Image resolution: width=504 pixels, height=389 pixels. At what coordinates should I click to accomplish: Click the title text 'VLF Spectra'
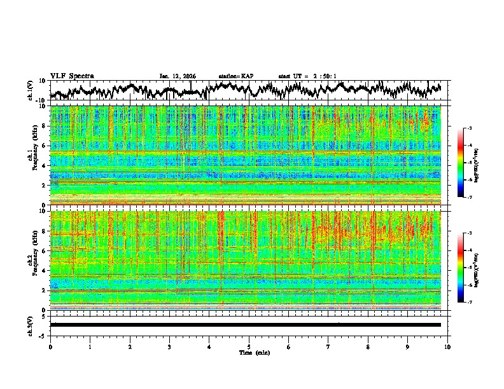click(72, 76)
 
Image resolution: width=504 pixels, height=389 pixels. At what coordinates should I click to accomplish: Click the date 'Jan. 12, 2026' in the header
click(178, 76)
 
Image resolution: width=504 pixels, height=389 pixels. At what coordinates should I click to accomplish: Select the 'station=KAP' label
click(235, 76)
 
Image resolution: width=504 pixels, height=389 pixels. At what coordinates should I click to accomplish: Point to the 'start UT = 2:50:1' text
click(307, 76)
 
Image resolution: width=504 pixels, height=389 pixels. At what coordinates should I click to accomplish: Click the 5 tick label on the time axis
click(249, 346)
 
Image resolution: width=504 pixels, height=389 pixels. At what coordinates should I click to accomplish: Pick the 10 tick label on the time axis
click(447, 346)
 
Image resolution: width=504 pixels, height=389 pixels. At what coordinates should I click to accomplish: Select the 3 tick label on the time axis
click(169, 346)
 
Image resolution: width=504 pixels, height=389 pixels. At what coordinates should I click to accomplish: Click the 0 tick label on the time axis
click(50, 346)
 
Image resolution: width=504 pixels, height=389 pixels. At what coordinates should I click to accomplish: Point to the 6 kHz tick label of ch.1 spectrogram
click(44, 146)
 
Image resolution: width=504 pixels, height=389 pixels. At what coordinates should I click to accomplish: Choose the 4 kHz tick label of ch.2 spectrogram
click(44, 271)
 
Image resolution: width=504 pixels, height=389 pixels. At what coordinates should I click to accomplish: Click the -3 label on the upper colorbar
click(469, 128)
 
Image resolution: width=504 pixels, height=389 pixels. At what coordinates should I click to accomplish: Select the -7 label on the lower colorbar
click(469, 303)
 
